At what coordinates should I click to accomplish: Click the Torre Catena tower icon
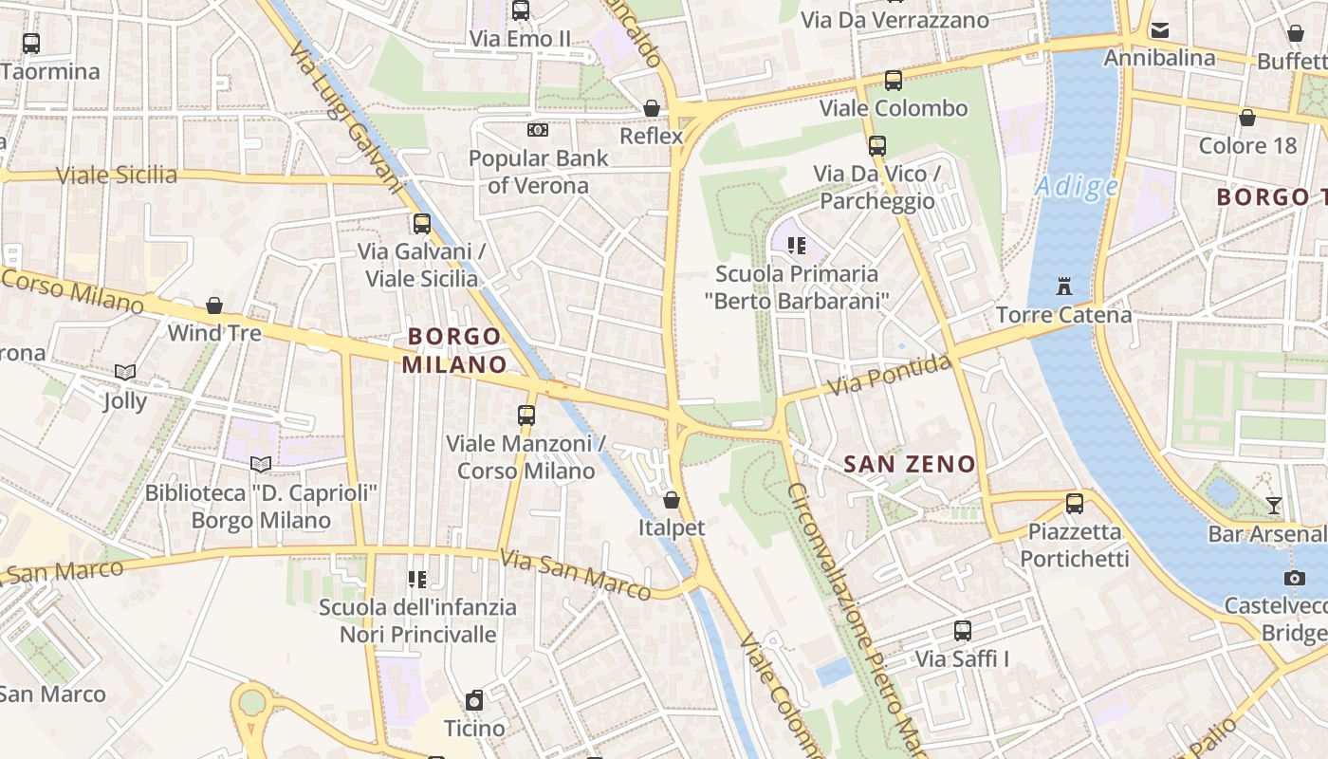[1063, 286]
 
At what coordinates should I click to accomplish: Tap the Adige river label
[1077, 186]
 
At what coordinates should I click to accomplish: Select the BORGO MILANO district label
[454, 350]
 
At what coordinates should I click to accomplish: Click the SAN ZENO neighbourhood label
[909, 464]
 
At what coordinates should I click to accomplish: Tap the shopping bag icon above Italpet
[672, 499]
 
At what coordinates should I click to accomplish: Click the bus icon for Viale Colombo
[893, 81]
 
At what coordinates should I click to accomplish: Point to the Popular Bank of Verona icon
[538, 130]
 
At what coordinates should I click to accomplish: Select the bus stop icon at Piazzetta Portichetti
[1074, 504]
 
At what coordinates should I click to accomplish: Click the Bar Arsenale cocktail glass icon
[1273, 506]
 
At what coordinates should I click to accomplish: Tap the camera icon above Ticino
[474, 701]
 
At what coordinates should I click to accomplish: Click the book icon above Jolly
[125, 373]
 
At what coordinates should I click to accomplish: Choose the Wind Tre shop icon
[214, 305]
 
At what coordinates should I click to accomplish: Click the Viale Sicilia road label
[117, 176]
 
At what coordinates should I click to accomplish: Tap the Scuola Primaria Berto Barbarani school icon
[797, 247]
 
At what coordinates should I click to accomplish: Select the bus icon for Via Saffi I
[962, 630]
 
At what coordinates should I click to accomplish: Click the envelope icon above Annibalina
[1159, 30]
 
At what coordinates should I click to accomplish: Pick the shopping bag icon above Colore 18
[1246, 118]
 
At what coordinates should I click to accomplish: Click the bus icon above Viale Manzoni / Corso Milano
[526, 416]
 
